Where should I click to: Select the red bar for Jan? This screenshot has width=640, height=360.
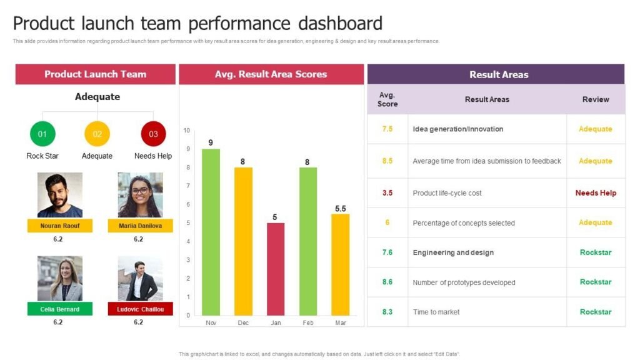[x=276, y=269]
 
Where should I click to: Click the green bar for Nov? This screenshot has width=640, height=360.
[x=211, y=231]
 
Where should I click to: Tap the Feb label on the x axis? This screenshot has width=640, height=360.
[x=307, y=322]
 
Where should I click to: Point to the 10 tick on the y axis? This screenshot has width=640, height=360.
[x=186, y=131]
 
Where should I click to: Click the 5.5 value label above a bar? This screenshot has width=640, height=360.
[x=340, y=209]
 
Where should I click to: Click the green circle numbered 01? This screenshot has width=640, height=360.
[x=42, y=134]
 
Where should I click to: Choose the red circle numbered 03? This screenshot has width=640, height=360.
[x=153, y=134]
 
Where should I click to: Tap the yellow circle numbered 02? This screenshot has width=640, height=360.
[x=97, y=134]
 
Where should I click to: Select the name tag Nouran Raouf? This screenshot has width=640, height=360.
[x=60, y=226]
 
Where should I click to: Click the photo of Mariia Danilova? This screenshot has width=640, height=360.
[x=140, y=195]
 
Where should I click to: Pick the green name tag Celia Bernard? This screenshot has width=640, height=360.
[x=60, y=309]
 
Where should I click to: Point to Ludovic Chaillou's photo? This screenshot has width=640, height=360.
[x=140, y=278]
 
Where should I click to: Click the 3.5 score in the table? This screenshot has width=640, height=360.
[x=387, y=193]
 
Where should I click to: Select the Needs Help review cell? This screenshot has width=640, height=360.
[x=596, y=193]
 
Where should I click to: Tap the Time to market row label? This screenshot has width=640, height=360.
[x=436, y=312]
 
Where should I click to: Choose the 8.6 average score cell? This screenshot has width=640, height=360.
[x=387, y=282]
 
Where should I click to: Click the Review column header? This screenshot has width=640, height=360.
[x=596, y=99]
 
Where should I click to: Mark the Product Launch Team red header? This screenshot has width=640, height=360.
[x=95, y=74]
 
